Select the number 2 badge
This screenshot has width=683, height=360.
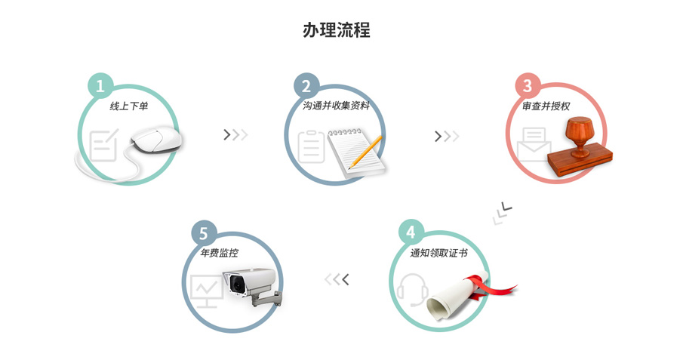(306, 85)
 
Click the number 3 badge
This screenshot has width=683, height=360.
(528, 85)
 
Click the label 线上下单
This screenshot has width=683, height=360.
(129, 106)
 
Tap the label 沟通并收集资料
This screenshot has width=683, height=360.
(336, 106)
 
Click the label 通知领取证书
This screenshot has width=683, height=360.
(439, 253)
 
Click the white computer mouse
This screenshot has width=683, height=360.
(156, 140)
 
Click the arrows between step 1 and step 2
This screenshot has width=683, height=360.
(235, 135)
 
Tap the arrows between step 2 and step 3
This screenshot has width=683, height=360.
(447, 136)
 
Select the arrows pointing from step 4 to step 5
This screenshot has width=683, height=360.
(337, 280)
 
